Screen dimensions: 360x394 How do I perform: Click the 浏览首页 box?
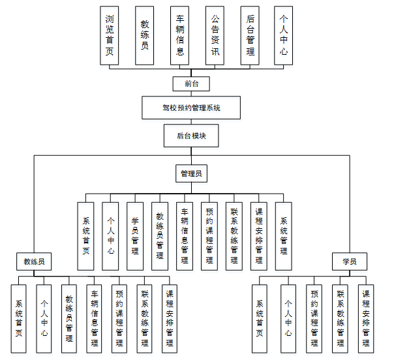(x=110, y=35)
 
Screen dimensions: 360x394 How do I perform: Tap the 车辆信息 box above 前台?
(x=180, y=35)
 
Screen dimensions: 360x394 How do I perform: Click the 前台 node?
(x=191, y=83)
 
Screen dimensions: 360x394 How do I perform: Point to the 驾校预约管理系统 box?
(x=191, y=108)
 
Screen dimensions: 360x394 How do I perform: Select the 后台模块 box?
(x=191, y=136)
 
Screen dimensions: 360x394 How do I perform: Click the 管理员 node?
(x=191, y=173)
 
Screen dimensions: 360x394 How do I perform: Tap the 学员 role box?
(x=350, y=262)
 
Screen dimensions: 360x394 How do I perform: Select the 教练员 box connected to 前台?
(x=145, y=35)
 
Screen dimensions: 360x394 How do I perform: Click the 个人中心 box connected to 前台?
(x=282, y=35)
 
